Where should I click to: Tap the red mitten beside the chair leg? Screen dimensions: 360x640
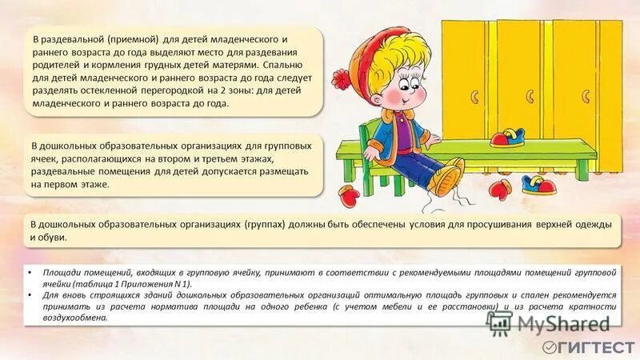click(x=350, y=194)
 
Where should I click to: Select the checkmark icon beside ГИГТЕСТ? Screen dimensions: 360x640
click(x=550, y=347)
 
